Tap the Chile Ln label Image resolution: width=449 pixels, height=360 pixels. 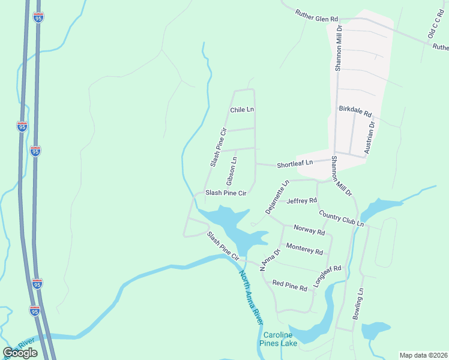click(243, 110)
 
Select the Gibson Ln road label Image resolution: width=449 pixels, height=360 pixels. click(231, 171)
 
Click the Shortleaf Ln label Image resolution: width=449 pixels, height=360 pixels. click(295, 163)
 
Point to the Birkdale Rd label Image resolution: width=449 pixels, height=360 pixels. click(355, 112)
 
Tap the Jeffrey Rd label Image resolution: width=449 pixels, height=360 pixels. click(301, 200)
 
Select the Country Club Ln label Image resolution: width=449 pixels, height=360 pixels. click(342, 218)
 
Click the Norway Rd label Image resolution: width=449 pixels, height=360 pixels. click(309, 229)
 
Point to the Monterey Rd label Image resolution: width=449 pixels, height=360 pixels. click(305, 248)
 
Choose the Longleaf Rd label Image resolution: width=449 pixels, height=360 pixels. click(327, 277)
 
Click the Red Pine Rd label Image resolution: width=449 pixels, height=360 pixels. click(290, 286)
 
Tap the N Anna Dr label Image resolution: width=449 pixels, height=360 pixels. click(269, 261)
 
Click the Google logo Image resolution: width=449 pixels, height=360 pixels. click(20, 352)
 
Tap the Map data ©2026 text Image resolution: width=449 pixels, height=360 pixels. click(423, 355)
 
